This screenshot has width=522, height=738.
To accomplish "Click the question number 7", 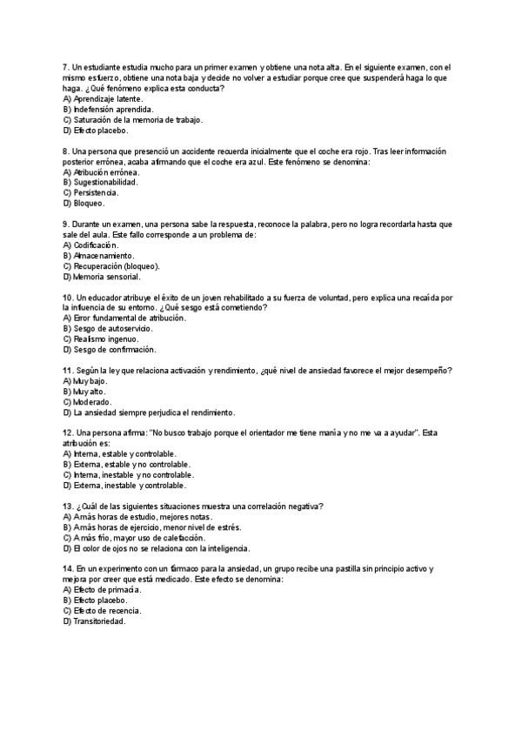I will tap(66, 67).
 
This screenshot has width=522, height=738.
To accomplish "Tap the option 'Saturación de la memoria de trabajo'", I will tap(131, 120).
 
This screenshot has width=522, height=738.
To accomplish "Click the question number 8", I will tap(66, 151).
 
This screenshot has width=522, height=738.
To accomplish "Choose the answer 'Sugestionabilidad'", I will tap(105, 183).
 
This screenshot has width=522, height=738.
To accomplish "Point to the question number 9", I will tap(66, 225).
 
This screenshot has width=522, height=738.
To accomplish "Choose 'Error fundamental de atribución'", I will tap(124, 319).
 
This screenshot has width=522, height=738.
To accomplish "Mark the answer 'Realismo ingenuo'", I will tap(100, 339).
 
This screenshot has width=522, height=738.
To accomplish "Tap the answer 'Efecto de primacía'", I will tap(106, 590).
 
